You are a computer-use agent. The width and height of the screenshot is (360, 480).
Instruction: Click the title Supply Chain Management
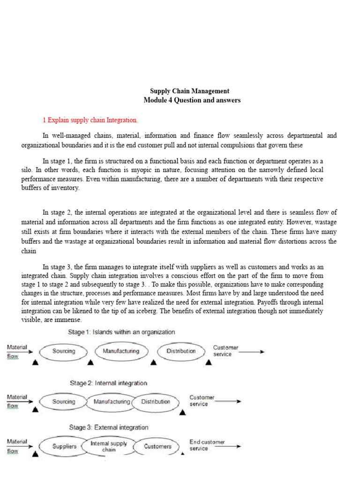189,91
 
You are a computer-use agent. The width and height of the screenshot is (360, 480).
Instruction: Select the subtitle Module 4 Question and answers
192,100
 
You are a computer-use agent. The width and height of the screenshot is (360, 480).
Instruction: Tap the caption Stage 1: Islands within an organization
121,332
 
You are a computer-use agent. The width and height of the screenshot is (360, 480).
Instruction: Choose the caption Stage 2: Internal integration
108,383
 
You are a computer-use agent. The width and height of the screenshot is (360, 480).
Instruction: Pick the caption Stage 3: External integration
109,427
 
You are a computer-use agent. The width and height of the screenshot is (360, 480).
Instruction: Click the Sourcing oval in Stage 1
64,351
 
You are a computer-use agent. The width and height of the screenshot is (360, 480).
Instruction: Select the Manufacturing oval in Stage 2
112,402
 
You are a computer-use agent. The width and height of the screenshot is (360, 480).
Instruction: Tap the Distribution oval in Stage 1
181,351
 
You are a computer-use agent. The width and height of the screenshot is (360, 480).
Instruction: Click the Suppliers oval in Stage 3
64,447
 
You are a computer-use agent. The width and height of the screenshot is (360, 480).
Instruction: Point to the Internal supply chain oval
109,446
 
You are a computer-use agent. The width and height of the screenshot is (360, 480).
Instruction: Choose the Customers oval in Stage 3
157,447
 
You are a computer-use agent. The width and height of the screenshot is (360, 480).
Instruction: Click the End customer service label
207,445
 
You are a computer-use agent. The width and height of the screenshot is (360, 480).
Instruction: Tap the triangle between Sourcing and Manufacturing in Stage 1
90,363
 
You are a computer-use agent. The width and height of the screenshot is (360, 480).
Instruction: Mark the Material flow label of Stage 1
17,351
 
